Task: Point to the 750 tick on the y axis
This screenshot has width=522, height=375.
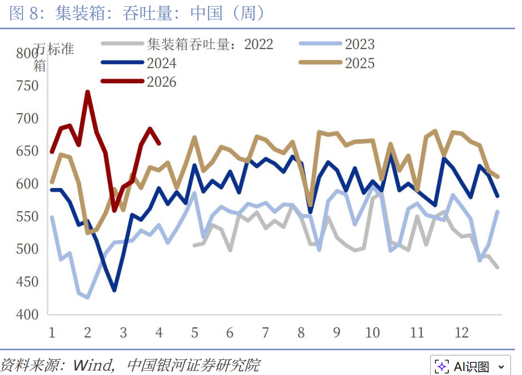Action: point(28,86)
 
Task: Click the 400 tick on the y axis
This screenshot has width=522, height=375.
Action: point(28,314)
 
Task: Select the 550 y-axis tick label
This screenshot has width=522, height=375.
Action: point(28,216)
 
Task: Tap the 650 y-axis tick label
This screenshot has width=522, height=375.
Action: point(28,151)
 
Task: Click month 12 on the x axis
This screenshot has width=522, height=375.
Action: point(461,332)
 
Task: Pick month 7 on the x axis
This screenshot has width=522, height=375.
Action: point(265,332)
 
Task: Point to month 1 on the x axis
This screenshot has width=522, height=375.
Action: point(51,332)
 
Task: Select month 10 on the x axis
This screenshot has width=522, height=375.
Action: point(372,332)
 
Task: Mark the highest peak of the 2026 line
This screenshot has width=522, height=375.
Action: point(88,92)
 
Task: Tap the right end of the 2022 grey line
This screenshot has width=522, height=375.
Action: point(497,267)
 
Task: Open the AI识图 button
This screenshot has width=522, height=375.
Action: point(470,367)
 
